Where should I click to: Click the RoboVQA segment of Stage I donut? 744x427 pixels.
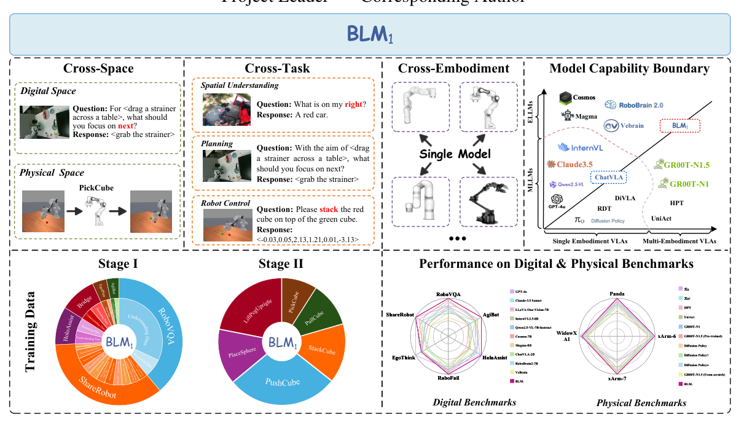point(161,319)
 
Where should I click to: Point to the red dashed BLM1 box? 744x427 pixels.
point(679,126)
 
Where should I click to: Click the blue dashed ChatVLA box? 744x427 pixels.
point(608,177)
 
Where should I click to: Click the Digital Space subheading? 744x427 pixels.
point(49,92)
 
